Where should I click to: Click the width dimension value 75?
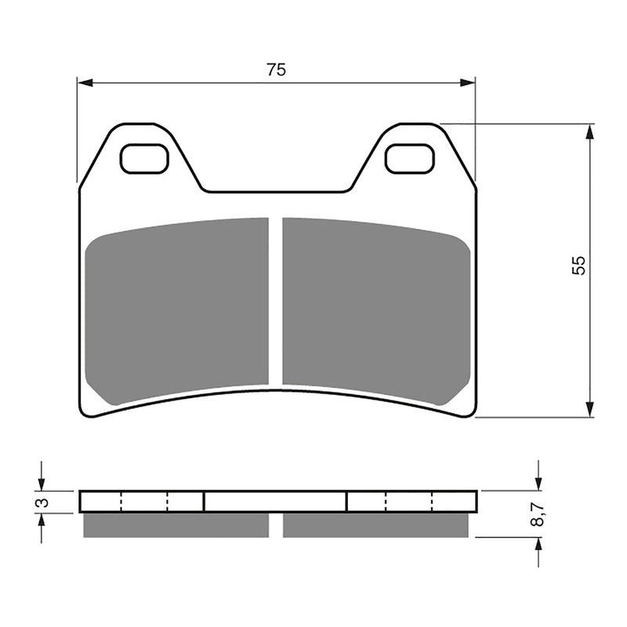point(275,70)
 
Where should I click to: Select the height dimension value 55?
point(578,265)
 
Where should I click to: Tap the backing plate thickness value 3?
point(45,502)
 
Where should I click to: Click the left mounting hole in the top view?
point(144,159)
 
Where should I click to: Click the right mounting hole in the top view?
point(410,159)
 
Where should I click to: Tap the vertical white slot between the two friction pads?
point(275,302)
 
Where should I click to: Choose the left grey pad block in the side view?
point(176,524)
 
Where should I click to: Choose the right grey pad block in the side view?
point(375,524)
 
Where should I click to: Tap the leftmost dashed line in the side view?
point(121,502)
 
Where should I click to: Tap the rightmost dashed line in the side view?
point(433,502)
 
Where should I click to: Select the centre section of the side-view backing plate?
point(275,502)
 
